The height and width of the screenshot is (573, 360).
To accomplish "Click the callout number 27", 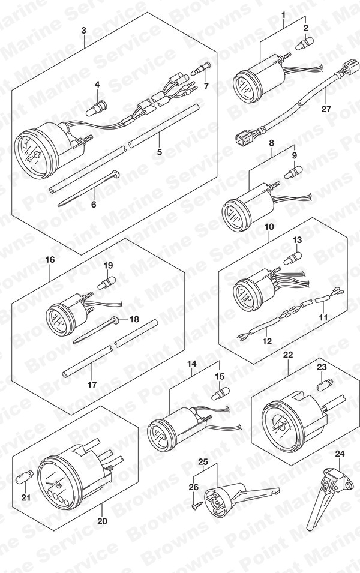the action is coord(326,109).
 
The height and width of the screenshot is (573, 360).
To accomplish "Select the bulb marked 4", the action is coord(97,108).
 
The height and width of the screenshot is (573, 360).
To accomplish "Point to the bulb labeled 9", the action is coord(294,172).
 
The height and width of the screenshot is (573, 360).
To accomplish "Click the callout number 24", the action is coord(340,454).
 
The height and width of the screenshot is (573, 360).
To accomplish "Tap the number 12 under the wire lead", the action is coord(267,341).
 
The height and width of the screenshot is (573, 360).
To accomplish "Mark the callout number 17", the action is coord(92,385).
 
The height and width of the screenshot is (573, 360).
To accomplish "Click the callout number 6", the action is coord(94,204).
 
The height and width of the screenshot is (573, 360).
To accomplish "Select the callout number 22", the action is coord(289,355).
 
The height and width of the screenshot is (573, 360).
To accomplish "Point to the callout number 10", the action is coord(269,227).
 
